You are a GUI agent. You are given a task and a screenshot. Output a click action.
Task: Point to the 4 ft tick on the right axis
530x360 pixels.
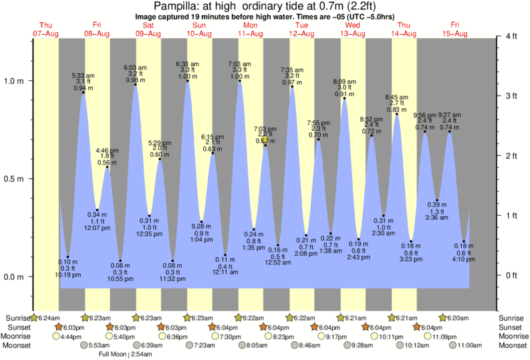[511, 36]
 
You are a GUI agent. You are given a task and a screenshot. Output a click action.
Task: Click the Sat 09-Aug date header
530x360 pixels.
[148, 29]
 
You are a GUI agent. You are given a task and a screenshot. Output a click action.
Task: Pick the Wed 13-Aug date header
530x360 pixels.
[353, 29]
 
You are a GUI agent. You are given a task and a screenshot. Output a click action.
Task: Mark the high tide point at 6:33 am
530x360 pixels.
[187, 81]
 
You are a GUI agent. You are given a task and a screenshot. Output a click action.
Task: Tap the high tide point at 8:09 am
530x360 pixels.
[345, 98]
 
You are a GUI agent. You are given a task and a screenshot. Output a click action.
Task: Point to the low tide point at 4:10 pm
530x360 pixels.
[464, 241]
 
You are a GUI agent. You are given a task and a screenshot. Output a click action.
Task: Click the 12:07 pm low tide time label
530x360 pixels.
[97, 228]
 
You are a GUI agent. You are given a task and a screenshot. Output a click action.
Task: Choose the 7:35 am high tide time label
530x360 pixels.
[292, 69]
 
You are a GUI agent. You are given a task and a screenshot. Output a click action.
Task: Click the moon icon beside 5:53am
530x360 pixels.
[84, 345]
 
